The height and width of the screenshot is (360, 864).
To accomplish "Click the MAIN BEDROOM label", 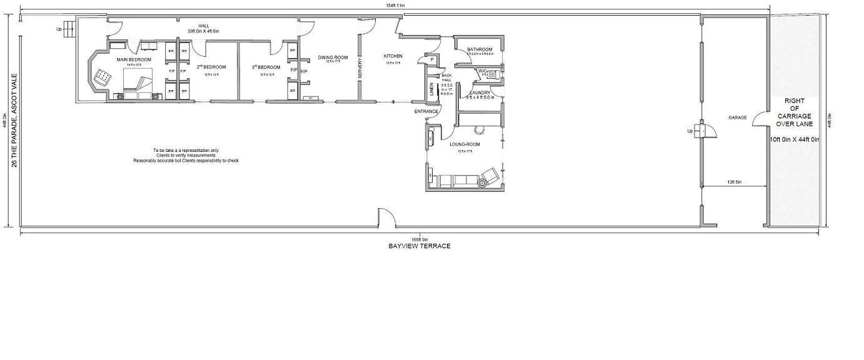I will [134, 59].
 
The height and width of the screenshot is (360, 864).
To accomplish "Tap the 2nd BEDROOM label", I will [211, 67].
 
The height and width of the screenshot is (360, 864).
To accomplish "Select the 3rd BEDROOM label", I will [266, 67].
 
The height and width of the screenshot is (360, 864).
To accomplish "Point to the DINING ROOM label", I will [333, 57].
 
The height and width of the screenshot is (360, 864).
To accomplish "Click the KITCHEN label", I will [393, 56].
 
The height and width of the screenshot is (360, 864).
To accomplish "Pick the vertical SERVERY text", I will [360, 69].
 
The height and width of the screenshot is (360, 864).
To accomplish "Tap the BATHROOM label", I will [480, 49].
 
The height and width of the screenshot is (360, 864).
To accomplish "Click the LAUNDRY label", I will [480, 92].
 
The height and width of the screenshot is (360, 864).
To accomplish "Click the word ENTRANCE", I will [426, 111].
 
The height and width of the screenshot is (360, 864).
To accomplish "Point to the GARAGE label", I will [738, 117].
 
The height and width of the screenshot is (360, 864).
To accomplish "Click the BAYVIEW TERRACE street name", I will [419, 246].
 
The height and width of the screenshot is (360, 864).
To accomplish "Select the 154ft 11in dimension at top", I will [395, 5].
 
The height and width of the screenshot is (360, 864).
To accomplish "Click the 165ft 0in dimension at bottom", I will [419, 239].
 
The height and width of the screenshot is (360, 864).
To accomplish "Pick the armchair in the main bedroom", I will [103, 77].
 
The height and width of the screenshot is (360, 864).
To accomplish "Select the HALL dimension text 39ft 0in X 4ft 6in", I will [203, 31].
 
